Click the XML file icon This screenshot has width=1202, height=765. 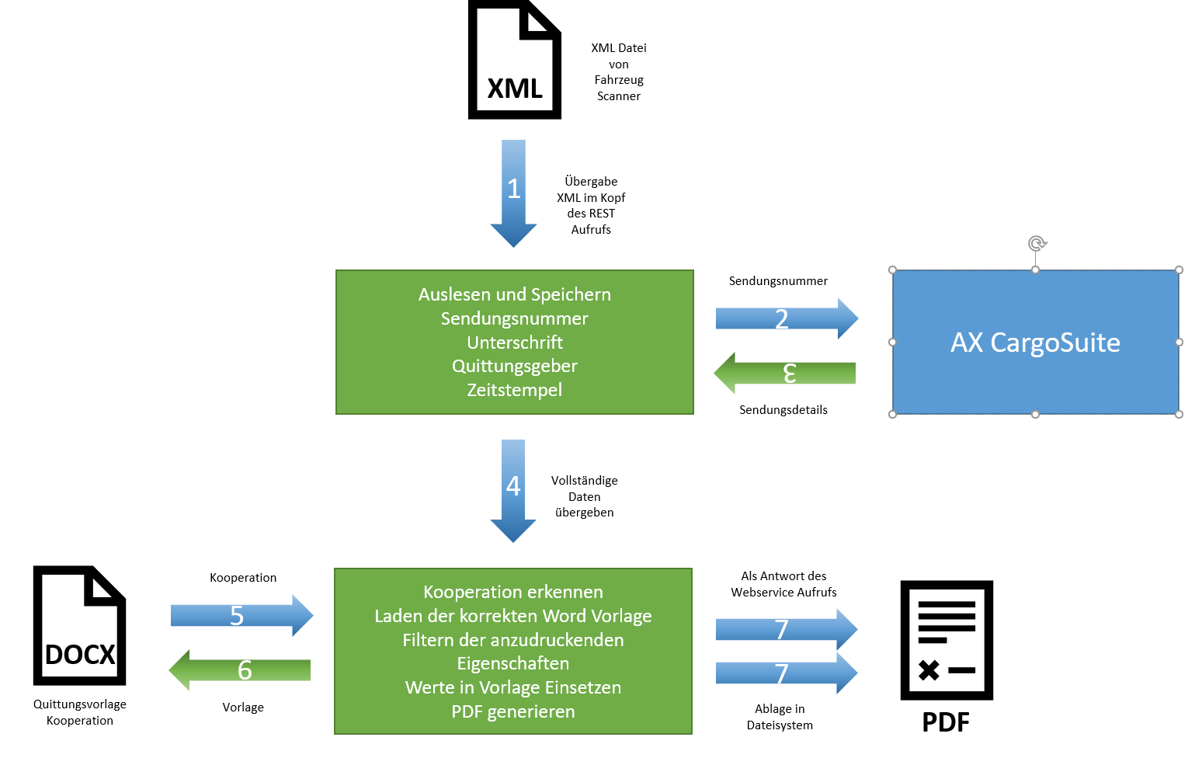pyautogui.click(x=515, y=60)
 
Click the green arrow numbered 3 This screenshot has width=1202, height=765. pyautogui.click(x=785, y=373)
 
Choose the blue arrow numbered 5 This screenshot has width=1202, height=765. pyautogui.click(x=241, y=616)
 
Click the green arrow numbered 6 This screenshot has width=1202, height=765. pyautogui.click(x=240, y=669)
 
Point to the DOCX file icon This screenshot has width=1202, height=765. pyautogui.click(x=79, y=626)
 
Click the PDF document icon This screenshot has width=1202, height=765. pyautogui.click(x=947, y=640)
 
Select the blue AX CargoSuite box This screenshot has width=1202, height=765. pyautogui.click(x=1035, y=343)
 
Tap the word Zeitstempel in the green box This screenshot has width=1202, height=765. pyautogui.click(x=514, y=390)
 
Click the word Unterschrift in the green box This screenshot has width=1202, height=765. pyautogui.click(x=514, y=343)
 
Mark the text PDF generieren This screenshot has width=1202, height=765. pyautogui.click(x=513, y=711)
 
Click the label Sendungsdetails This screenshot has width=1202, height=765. pyautogui.click(x=783, y=410)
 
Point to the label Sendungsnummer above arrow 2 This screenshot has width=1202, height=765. pyautogui.click(x=778, y=281)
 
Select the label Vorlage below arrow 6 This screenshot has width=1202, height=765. pyautogui.click(x=243, y=708)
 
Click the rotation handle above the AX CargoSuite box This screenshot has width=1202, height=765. pyautogui.click(x=1037, y=244)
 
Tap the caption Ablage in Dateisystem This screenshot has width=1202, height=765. pyautogui.click(x=780, y=717)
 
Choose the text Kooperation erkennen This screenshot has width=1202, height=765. pyautogui.click(x=513, y=592)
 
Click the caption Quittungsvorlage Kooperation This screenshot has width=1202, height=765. pyautogui.click(x=79, y=712)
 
